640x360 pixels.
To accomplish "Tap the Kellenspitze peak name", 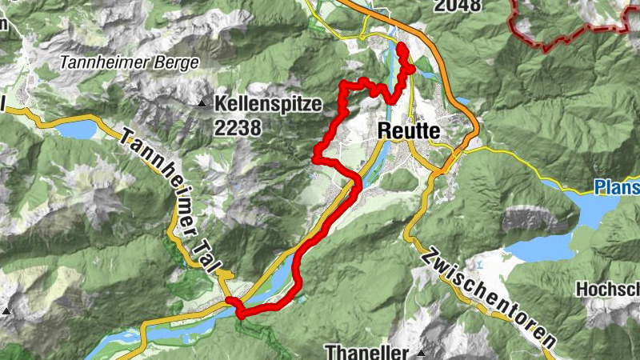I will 267,103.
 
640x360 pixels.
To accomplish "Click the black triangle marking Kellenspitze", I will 201,104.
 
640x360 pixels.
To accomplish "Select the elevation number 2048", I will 458,6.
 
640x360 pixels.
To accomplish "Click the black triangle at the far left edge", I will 7,310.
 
